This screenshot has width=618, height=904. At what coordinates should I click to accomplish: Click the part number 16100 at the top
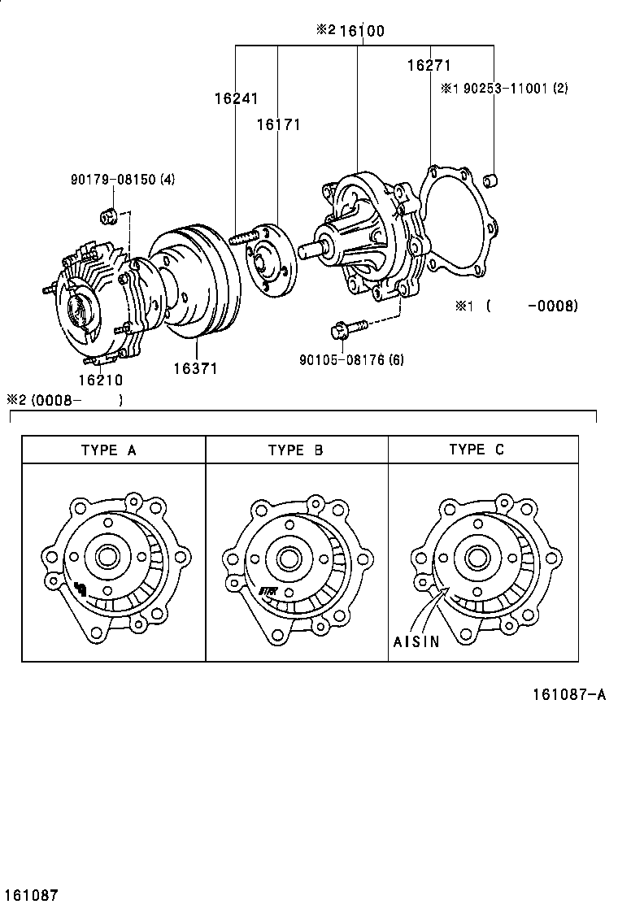pyautogui.click(x=362, y=31)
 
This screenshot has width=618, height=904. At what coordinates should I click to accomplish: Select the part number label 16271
pyautogui.click(x=429, y=66)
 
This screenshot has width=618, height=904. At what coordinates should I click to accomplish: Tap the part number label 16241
pyautogui.click(x=236, y=99)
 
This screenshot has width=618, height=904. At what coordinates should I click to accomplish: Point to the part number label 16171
pyautogui.click(x=279, y=124)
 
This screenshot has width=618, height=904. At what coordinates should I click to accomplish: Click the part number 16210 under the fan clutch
pyautogui.click(x=101, y=379)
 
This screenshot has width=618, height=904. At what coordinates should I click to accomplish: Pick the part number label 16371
pyautogui.click(x=195, y=368)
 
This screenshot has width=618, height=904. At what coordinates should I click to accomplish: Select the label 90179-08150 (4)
pyautogui.click(x=121, y=180)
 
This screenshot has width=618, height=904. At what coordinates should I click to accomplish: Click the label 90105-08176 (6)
pyautogui.click(x=350, y=359)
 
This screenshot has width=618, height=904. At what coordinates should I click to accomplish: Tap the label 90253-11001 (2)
pyautogui.click(x=504, y=89)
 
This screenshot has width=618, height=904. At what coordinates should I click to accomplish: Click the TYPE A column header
pyautogui.click(x=108, y=450)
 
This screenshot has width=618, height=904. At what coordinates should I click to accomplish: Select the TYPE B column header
pyautogui.click(x=295, y=450)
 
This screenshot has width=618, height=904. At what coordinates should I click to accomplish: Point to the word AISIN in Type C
pyautogui.click(x=416, y=641)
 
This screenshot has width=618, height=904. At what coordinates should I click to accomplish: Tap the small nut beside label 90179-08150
pyautogui.click(x=107, y=215)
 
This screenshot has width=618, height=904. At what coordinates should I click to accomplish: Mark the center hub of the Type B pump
pyautogui.click(x=286, y=558)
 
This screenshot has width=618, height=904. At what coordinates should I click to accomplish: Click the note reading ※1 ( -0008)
pyautogui.click(x=516, y=306)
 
